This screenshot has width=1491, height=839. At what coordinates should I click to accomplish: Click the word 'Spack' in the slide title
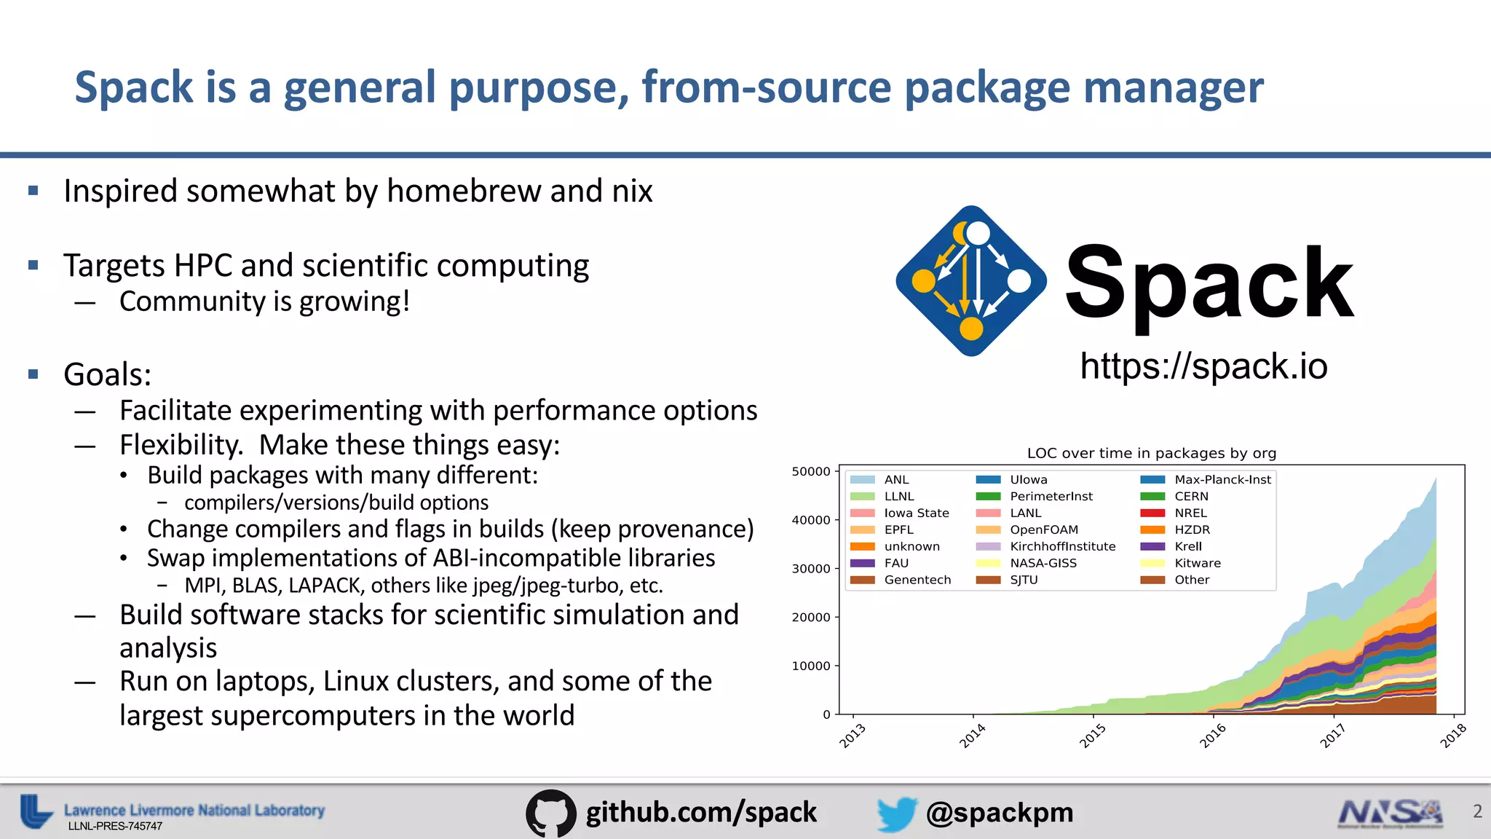tap(134, 88)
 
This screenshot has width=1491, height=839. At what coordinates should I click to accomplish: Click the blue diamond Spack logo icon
tap(971, 281)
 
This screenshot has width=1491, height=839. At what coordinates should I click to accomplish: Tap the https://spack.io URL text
tap(1203, 366)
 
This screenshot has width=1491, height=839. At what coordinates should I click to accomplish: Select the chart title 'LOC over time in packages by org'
tap(1151, 453)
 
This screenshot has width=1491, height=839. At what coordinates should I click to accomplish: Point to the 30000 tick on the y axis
tap(811, 569)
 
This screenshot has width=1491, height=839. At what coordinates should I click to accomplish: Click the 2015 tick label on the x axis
tap(1092, 736)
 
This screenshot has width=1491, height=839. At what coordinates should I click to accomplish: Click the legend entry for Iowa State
tap(916, 513)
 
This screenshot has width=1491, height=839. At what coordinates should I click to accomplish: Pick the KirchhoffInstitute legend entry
tap(1062, 546)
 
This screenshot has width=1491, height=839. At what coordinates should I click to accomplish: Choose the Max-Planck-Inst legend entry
tap(1222, 479)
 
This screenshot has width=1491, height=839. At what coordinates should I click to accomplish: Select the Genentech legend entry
tap(917, 580)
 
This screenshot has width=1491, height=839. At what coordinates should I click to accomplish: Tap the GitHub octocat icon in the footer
tap(551, 813)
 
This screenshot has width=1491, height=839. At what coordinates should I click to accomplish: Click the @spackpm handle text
tap(999, 813)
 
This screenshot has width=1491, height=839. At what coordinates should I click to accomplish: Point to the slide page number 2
tap(1477, 811)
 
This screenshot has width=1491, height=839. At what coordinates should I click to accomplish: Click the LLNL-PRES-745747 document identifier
tap(115, 827)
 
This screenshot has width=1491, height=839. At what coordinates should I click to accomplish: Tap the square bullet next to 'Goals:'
tap(33, 374)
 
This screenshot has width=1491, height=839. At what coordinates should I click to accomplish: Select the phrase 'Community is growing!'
tap(264, 302)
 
